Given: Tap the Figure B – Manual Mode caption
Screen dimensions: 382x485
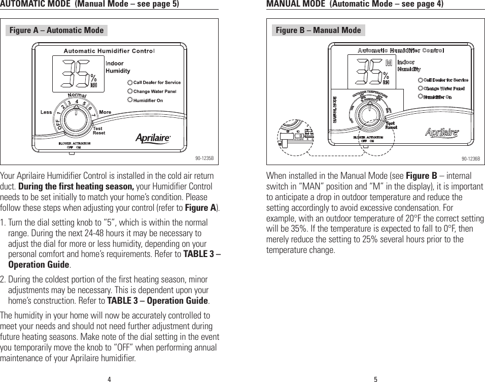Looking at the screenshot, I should (318, 30).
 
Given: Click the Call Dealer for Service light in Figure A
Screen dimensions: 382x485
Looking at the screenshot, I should (130, 82).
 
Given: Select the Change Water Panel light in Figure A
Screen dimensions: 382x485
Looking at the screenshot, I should (130, 91).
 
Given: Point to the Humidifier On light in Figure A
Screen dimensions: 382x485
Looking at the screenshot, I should (130, 101).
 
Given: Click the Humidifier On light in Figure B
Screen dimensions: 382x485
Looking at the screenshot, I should (420, 97).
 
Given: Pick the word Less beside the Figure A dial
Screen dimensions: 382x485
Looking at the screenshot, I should (47, 112).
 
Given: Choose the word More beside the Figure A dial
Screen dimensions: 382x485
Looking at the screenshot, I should (105, 112).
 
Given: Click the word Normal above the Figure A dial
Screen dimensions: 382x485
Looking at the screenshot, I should (77, 96).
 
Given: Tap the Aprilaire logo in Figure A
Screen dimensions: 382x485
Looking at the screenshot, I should (153, 138).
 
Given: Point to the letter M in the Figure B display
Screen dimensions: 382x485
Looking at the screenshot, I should (389, 63).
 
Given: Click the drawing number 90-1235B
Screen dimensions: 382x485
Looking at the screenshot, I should (204, 158).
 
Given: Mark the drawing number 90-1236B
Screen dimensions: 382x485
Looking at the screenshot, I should (470, 158).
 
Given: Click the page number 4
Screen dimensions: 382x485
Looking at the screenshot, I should (109, 378).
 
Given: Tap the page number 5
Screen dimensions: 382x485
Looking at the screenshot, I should (375, 378).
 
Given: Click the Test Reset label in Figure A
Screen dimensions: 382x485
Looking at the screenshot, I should (99, 131).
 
